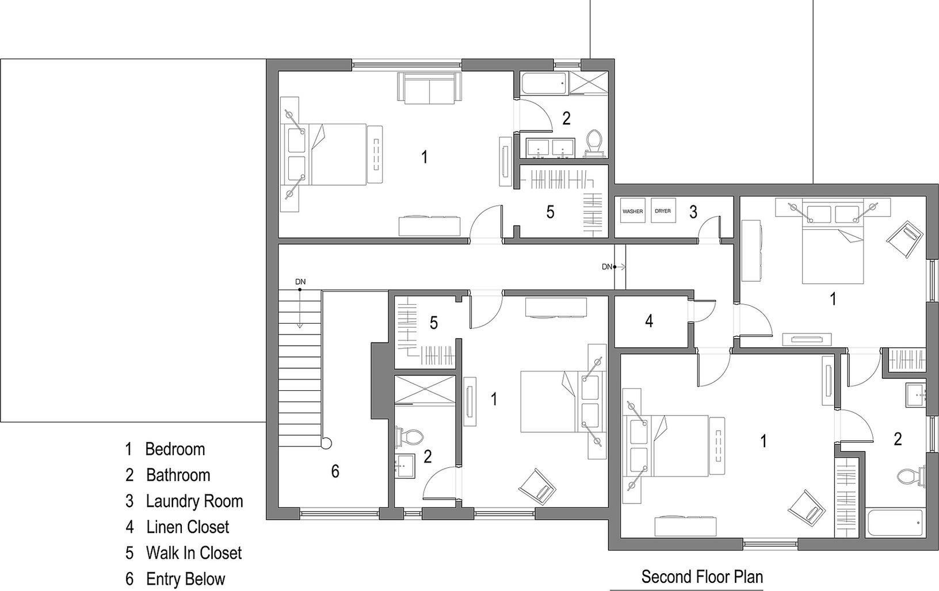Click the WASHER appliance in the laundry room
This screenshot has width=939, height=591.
[x=632, y=212]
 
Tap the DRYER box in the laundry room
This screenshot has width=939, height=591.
[x=662, y=212]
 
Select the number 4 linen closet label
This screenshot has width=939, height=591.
[x=649, y=321]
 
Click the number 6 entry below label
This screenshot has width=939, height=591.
[x=335, y=472]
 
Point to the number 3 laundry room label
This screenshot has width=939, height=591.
[x=693, y=212]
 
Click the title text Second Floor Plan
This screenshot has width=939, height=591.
[x=702, y=576]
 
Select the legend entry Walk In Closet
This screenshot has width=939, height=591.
[x=193, y=553]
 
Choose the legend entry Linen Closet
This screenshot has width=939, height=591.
[x=187, y=527]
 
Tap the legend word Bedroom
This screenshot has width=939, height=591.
[x=174, y=449]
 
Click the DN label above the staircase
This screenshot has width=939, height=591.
[x=300, y=282]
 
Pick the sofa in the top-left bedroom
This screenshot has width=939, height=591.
[x=428, y=89]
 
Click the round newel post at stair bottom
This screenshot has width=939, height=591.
[x=326, y=443]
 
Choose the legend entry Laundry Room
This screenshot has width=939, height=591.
[x=194, y=501]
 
